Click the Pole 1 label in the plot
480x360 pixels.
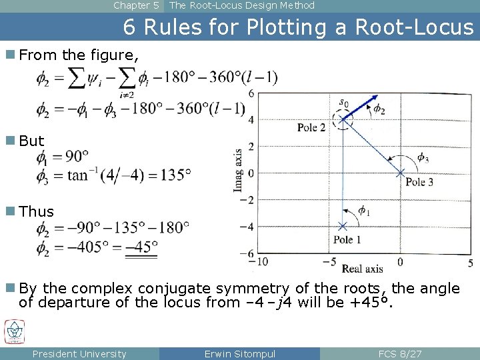click(347, 240)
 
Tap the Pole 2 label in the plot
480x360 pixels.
click(311, 127)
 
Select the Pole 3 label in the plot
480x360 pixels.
click(419, 182)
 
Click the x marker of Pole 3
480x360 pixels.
click(400, 173)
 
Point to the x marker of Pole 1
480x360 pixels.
click(343, 226)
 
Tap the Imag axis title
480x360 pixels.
click(238, 171)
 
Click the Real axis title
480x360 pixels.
click(362, 269)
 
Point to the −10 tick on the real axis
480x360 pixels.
click(262, 261)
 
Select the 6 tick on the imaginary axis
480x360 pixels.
click(251, 93)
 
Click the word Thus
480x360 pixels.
click(37, 212)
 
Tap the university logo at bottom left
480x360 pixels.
click(14, 331)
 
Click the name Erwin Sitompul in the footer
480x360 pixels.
click(240, 354)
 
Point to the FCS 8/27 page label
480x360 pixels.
click(400, 354)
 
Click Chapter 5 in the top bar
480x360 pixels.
click(136, 5)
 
